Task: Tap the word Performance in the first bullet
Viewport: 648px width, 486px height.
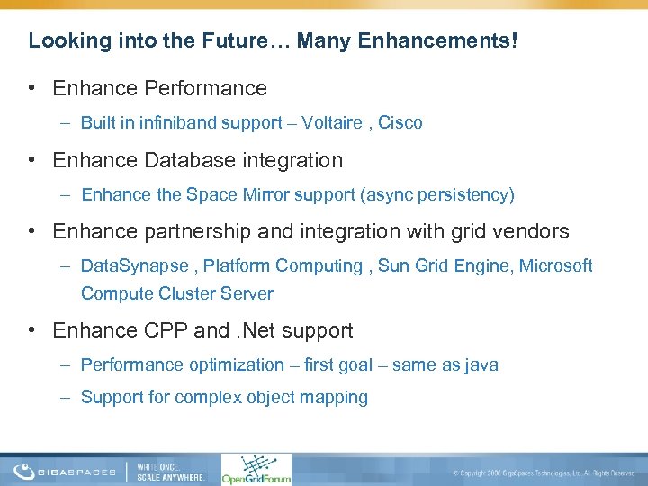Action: (208, 88)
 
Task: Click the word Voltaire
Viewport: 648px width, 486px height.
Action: (333, 122)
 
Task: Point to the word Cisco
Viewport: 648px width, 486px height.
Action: (400, 122)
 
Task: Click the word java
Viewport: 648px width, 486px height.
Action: (479, 364)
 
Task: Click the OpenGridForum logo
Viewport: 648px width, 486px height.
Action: (256, 469)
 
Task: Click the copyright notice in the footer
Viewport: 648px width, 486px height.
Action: (544, 472)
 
